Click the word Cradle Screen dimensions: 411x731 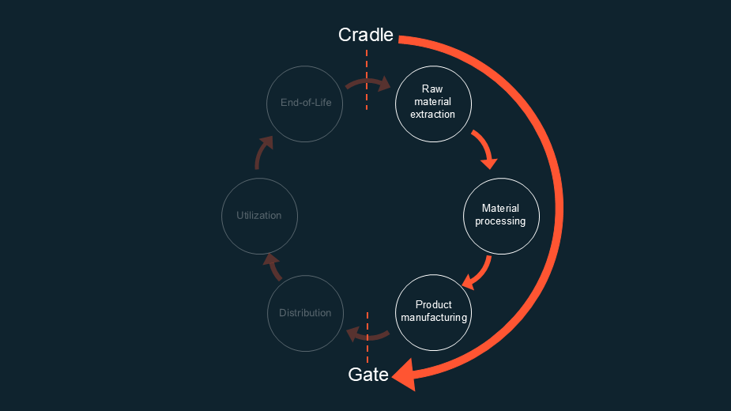(365, 36)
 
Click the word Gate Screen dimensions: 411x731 (368, 375)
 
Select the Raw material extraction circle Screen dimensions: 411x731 (433, 104)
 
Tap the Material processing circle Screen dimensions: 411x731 (501, 215)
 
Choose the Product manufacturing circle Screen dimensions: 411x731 (433, 312)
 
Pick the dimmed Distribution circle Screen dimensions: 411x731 (305, 313)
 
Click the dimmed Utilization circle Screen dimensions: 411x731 (259, 216)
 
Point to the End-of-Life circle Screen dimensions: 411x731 (306, 104)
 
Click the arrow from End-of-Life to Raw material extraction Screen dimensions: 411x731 (368, 83)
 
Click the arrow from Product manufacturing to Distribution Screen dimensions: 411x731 (367, 335)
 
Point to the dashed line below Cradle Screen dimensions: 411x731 (367, 79)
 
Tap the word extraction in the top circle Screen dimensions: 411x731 (433, 115)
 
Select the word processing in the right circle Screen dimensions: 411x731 (500, 221)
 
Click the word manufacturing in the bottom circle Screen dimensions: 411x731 (434, 318)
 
